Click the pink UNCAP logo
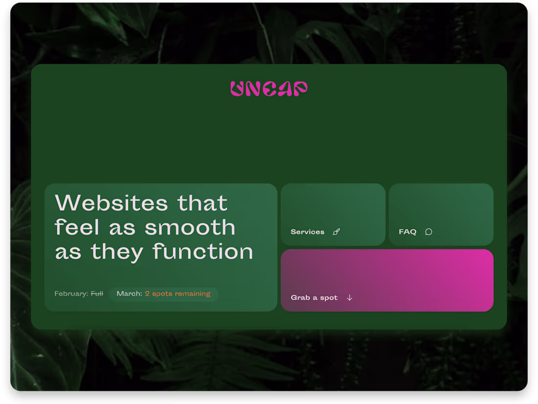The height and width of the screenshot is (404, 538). (x=269, y=89)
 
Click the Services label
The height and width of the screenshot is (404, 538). (x=307, y=232)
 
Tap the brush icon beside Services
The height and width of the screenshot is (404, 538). (x=336, y=232)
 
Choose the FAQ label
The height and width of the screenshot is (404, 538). (x=407, y=232)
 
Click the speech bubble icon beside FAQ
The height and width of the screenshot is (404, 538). (x=428, y=232)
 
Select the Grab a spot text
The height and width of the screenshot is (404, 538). (x=314, y=298)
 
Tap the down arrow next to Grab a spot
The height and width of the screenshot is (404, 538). (x=349, y=298)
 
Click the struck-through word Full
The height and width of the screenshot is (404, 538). (x=97, y=294)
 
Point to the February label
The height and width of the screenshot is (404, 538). (x=71, y=294)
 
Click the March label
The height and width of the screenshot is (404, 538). (x=129, y=294)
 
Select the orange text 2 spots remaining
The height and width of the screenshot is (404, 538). (x=178, y=294)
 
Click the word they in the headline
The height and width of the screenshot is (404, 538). (x=117, y=252)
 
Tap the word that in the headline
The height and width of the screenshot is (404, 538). (x=202, y=203)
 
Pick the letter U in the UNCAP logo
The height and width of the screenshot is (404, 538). (x=237, y=89)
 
